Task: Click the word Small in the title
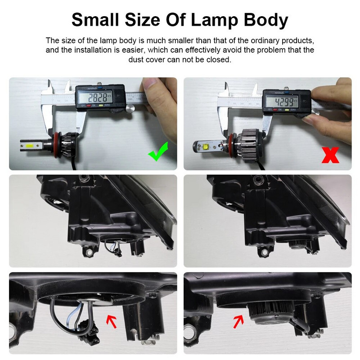tap(94, 20)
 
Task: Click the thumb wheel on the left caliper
tap(130, 108)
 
